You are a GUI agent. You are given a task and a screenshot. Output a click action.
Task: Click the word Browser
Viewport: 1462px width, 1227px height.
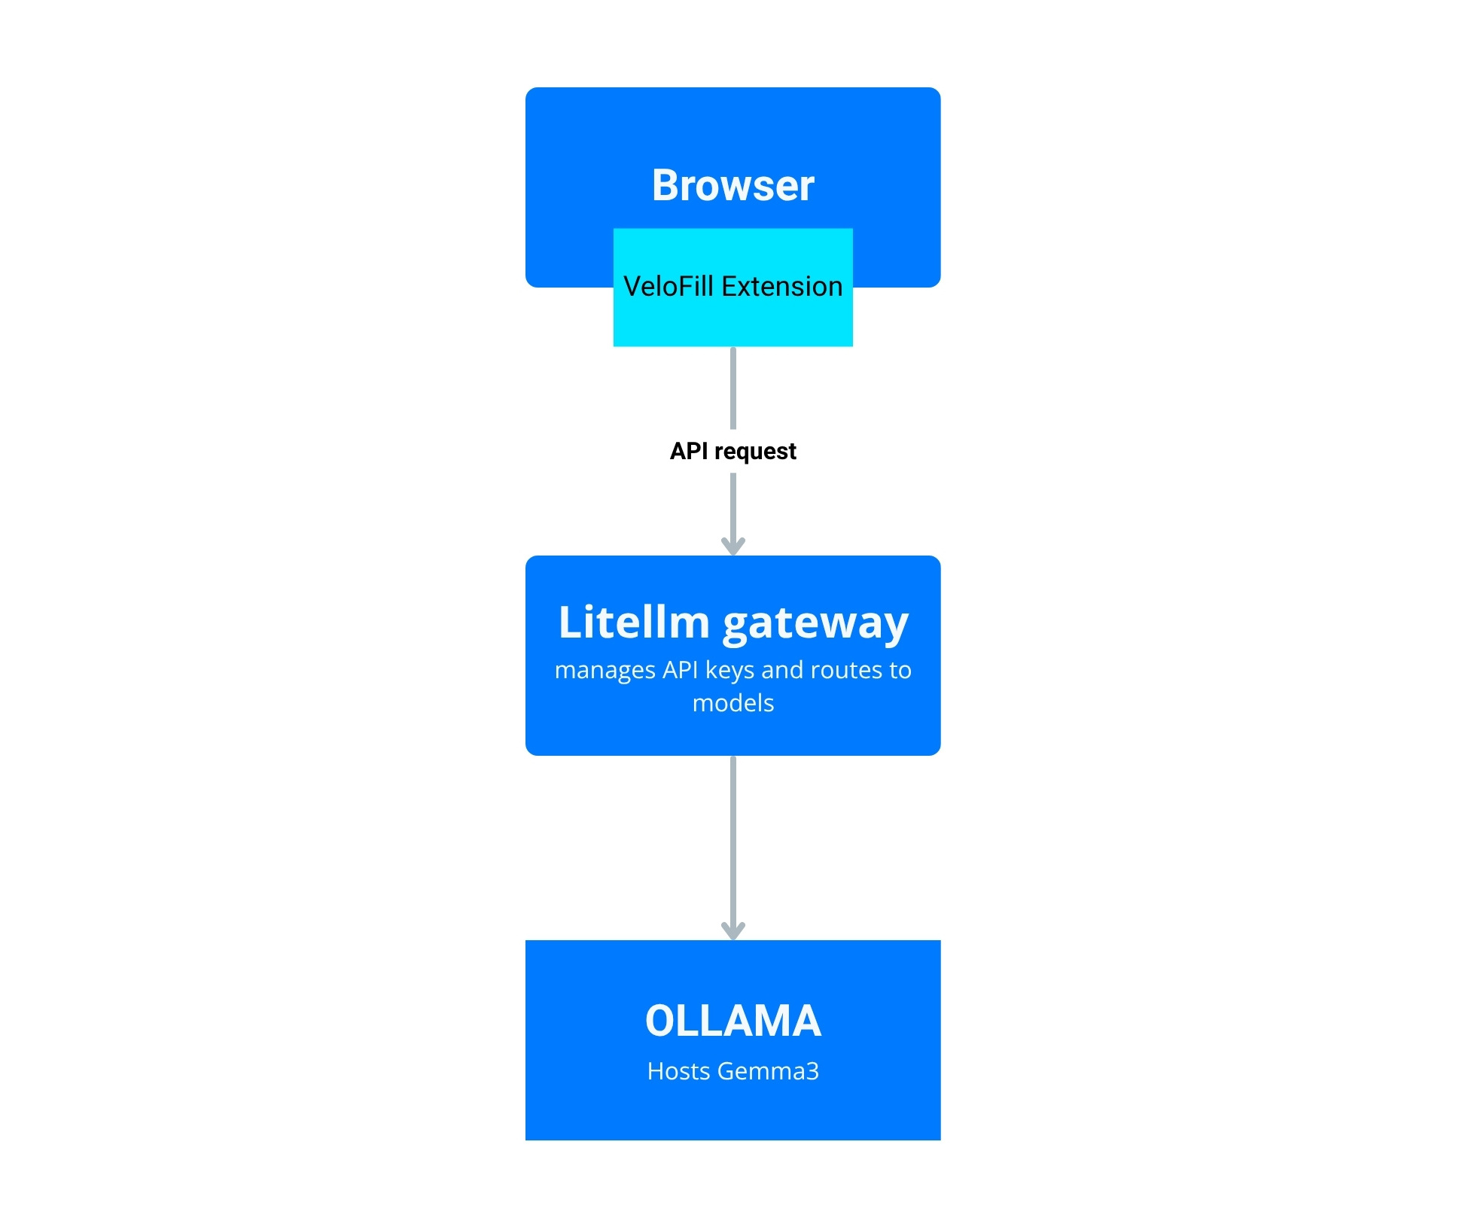pyautogui.click(x=733, y=185)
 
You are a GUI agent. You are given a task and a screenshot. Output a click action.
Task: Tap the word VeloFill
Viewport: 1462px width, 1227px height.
pyautogui.click(x=668, y=287)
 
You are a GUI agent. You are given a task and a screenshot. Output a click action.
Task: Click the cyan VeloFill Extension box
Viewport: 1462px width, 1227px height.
pyautogui.click(x=733, y=320)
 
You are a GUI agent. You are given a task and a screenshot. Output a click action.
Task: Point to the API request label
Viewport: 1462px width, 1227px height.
pyautogui.click(x=733, y=451)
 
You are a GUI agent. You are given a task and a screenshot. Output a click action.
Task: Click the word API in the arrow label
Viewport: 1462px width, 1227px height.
pyautogui.click(x=688, y=451)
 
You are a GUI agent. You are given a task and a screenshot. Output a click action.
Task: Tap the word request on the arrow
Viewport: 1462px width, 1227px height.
pyautogui.click(x=755, y=452)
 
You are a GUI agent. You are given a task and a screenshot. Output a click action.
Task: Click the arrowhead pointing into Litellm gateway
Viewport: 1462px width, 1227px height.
pyautogui.click(x=733, y=546)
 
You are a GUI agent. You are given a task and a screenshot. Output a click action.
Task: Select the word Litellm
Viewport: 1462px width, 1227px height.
pyautogui.click(x=634, y=623)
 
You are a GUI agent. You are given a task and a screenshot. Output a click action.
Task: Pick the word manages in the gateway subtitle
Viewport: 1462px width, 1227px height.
pyautogui.click(x=605, y=670)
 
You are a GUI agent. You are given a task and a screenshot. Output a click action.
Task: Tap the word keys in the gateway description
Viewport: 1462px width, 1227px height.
pyautogui.click(x=729, y=670)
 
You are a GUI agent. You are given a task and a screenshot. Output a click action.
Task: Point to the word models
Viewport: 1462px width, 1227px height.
pyautogui.click(x=733, y=703)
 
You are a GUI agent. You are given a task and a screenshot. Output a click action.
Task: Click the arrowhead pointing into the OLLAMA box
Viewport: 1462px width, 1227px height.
pyautogui.click(x=733, y=930)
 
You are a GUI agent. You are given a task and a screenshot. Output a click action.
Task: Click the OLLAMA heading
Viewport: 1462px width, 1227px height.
pyautogui.click(x=733, y=1021)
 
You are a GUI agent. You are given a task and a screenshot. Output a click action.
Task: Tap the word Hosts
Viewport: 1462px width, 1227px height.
pyautogui.click(x=678, y=1071)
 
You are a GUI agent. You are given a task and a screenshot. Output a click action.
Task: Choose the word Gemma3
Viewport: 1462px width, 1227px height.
pyautogui.click(x=768, y=1071)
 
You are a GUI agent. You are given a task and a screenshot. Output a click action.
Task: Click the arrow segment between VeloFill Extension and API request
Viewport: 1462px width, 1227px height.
pyautogui.click(x=733, y=388)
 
